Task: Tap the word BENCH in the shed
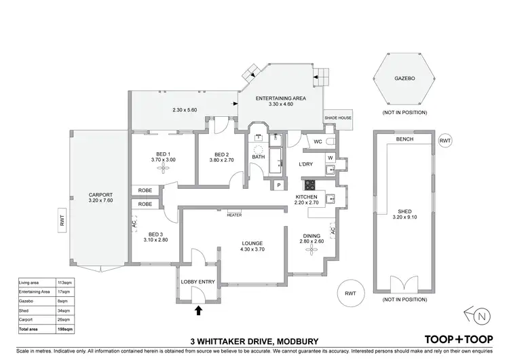404,139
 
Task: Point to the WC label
318,142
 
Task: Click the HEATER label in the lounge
235,215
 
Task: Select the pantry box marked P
278,185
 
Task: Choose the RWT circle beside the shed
445,141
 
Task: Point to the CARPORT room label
100,195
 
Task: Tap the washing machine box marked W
330,159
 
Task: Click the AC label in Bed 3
134,221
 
